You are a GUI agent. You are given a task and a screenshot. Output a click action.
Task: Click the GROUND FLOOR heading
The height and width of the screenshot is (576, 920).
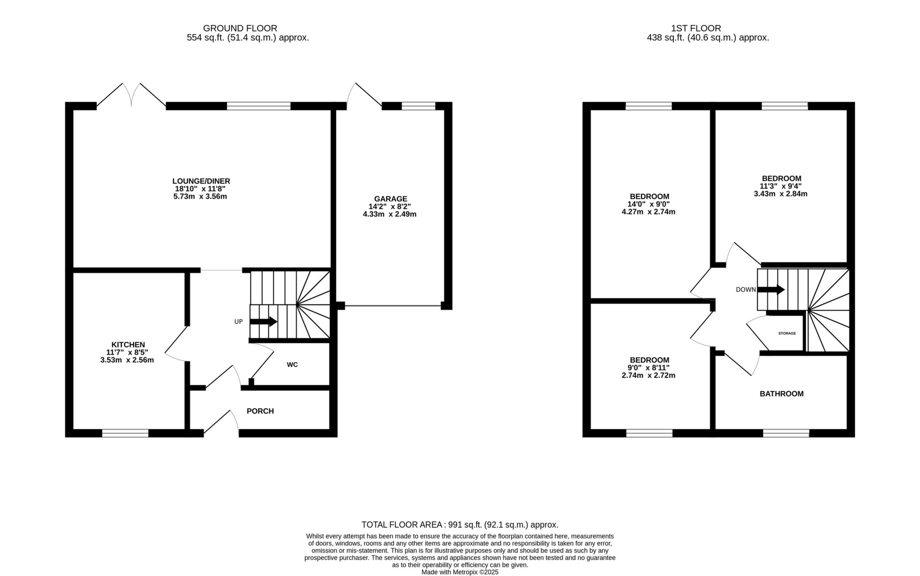[x=240, y=28]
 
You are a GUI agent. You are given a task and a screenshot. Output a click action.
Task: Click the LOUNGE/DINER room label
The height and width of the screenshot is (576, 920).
[x=201, y=181]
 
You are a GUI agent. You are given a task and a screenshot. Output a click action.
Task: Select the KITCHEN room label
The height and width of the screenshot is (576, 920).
[x=128, y=345]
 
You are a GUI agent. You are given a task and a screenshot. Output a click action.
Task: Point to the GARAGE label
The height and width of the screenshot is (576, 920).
[x=390, y=199]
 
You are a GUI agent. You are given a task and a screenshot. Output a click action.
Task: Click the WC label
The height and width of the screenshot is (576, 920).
[x=292, y=365]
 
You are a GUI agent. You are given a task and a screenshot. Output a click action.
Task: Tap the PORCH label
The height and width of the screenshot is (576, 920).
[x=260, y=411]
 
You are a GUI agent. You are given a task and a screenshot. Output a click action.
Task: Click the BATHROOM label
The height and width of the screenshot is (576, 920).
[x=781, y=394]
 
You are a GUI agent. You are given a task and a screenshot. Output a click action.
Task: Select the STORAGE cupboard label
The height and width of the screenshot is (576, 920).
[x=787, y=333]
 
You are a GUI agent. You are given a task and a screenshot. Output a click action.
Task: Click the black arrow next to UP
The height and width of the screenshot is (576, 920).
[x=264, y=321]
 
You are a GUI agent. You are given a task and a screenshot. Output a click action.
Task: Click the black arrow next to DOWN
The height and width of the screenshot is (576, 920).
[x=771, y=289]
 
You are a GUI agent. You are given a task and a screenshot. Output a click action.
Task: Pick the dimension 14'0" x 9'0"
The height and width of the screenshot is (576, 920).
[x=649, y=204]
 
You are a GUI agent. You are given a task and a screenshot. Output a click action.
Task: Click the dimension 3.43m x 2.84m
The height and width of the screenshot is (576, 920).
[x=780, y=194]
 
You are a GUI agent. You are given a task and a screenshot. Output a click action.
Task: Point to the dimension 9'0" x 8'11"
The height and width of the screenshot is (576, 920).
[x=648, y=368]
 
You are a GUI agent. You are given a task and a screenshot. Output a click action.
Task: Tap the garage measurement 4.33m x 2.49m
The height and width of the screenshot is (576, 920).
[x=389, y=214]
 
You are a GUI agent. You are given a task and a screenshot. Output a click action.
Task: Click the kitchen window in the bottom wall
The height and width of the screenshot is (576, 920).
[x=125, y=433]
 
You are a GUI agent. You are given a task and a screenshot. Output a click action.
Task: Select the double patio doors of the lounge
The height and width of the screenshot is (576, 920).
[x=131, y=95]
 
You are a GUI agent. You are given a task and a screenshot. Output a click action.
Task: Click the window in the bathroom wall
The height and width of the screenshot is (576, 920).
[x=786, y=433]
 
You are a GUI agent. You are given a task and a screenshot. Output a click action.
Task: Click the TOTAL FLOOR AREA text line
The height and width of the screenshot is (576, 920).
[x=460, y=525]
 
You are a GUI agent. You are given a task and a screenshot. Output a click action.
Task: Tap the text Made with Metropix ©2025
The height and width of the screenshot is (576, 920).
[x=460, y=572]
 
